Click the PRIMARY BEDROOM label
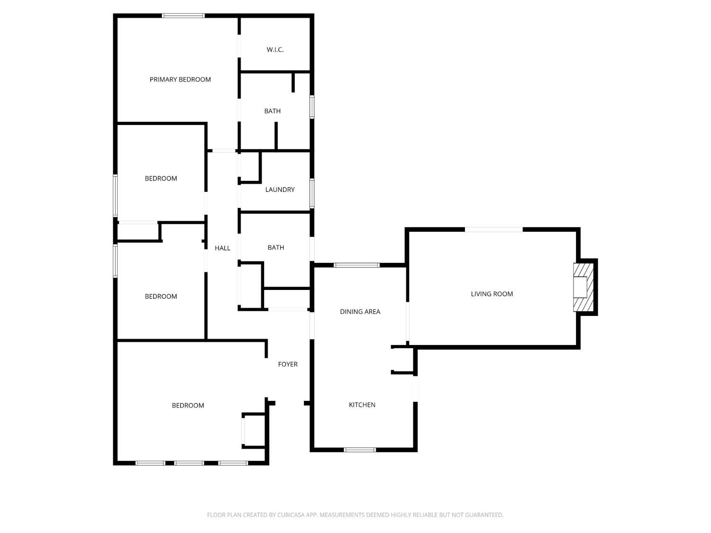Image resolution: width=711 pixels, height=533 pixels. click(x=180, y=80)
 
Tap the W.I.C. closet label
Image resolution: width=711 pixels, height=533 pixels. click(x=275, y=50)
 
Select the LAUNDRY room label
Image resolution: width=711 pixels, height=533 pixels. click(x=280, y=190)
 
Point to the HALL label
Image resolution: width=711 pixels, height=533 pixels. click(x=222, y=248)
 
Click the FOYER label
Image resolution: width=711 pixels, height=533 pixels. click(x=288, y=364)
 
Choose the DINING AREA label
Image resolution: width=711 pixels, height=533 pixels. click(x=360, y=312)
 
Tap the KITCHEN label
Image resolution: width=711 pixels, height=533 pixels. click(x=362, y=405)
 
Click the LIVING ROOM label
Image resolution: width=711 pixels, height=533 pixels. click(x=492, y=294)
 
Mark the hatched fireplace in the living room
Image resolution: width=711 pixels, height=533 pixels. click(x=583, y=287)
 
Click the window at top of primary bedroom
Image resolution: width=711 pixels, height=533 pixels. click(x=183, y=16)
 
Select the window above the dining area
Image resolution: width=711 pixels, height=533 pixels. click(x=356, y=265)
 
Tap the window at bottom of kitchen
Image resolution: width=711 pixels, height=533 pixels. click(x=360, y=450)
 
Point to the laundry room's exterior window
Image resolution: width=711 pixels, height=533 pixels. click(x=311, y=193)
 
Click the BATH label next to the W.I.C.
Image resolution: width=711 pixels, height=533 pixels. click(x=272, y=111)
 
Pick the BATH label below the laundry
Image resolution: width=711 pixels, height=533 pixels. click(x=275, y=247)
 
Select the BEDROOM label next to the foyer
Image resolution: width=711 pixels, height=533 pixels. click(x=188, y=406)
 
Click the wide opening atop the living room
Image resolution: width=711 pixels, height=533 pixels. click(x=493, y=230)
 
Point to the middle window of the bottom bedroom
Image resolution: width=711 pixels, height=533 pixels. click(x=189, y=463)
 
